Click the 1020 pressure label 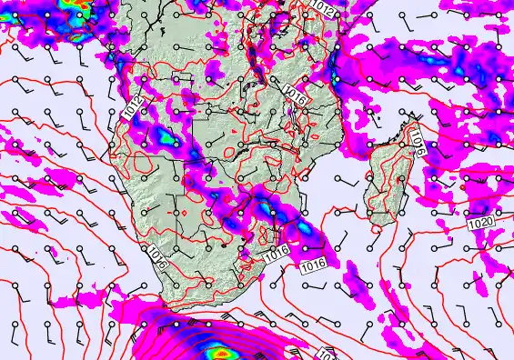pyautogui.click(x=482, y=223)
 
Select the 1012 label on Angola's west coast pyautogui.click(x=131, y=108)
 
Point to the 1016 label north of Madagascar pyautogui.click(x=417, y=138)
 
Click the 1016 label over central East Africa pyautogui.click(x=292, y=91)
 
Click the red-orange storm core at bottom pyautogui.click(x=219, y=350)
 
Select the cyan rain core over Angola pyautogui.click(x=165, y=136)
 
